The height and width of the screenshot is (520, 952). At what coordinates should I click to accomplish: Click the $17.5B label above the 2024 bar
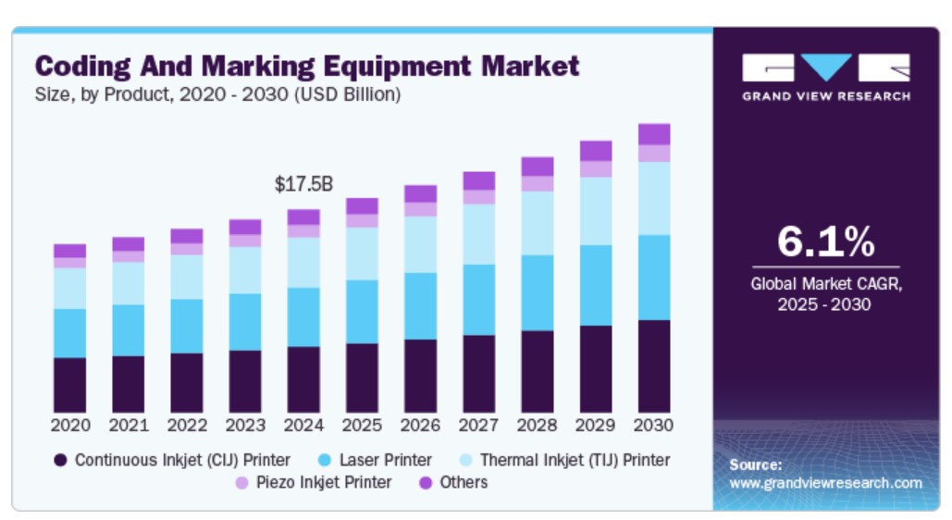pyautogui.click(x=303, y=185)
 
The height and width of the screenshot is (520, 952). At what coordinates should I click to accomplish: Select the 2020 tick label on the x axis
pyautogui.click(x=70, y=426)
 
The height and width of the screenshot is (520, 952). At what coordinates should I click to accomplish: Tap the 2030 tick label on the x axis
pyautogui.click(x=654, y=426)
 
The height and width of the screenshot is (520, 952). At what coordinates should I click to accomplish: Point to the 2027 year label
pyautogui.click(x=479, y=426)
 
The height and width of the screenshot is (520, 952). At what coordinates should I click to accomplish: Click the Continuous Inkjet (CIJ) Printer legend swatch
pyautogui.click(x=61, y=460)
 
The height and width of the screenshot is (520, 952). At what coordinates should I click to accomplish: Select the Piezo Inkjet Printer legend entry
pyautogui.click(x=315, y=482)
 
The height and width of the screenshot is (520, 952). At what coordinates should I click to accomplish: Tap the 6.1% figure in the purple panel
pyautogui.click(x=825, y=241)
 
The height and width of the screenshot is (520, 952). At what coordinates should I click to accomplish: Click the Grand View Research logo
pyautogui.click(x=825, y=77)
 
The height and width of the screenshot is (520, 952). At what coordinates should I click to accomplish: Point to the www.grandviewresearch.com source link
pyautogui.click(x=825, y=483)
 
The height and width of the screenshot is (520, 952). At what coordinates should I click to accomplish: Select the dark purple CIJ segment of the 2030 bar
pyautogui.click(x=654, y=366)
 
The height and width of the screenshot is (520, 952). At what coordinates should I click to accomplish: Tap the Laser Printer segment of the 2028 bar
pyautogui.click(x=538, y=292)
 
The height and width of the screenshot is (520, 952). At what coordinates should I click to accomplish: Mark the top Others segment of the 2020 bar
pyautogui.click(x=70, y=251)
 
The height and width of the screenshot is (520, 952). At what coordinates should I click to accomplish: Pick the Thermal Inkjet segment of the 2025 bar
pyautogui.click(x=363, y=254)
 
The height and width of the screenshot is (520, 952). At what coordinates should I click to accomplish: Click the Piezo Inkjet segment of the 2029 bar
pyautogui.click(x=596, y=169)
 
